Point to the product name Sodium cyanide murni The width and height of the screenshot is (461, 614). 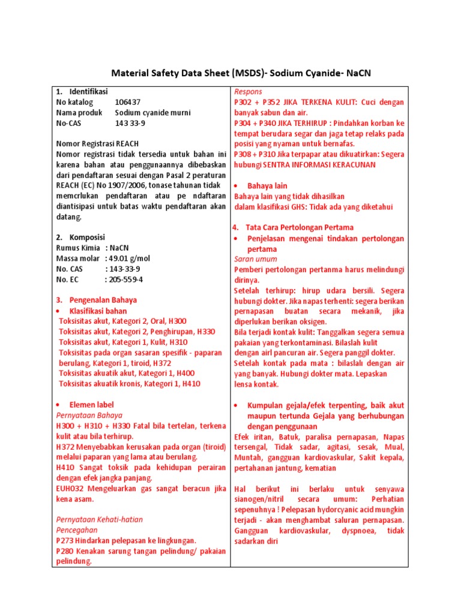[150, 113]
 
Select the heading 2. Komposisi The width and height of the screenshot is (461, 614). [80, 237]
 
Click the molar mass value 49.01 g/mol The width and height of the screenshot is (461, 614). [133, 258]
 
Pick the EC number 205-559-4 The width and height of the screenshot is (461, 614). [126, 279]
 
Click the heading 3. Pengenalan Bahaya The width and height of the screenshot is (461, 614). [96, 300]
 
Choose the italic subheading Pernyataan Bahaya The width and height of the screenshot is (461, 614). [89, 415]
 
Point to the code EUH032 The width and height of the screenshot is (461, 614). [69, 489]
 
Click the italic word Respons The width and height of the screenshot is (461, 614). [249, 92]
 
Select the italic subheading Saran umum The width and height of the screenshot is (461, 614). [255, 259]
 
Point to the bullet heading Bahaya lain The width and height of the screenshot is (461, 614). [267, 186]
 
